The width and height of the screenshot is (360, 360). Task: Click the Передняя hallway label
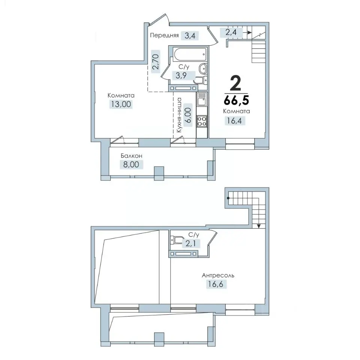click(164, 35)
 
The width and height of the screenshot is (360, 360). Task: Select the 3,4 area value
click(190, 36)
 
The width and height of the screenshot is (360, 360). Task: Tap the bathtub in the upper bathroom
click(190, 54)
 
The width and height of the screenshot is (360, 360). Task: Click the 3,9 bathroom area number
click(181, 75)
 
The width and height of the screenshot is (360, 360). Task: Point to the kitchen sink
click(202, 99)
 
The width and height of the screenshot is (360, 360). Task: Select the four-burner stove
click(202, 121)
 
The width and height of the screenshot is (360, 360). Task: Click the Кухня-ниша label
click(179, 115)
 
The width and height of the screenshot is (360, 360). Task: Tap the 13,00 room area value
click(121, 104)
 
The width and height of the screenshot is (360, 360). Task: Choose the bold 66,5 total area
click(237, 100)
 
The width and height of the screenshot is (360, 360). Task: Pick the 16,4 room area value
click(234, 120)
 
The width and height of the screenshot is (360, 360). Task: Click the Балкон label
click(131, 156)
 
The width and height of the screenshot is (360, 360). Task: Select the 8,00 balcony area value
click(131, 164)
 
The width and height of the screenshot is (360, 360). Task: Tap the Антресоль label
click(218, 275)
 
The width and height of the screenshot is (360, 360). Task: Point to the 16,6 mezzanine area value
click(215, 284)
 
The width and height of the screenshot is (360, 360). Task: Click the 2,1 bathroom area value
click(190, 243)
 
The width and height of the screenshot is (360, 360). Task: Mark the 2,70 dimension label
click(156, 61)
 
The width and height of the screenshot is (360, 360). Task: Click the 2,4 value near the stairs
click(231, 32)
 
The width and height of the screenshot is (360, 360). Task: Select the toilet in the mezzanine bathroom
click(177, 240)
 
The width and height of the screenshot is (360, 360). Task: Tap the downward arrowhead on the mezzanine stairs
click(259, 226)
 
